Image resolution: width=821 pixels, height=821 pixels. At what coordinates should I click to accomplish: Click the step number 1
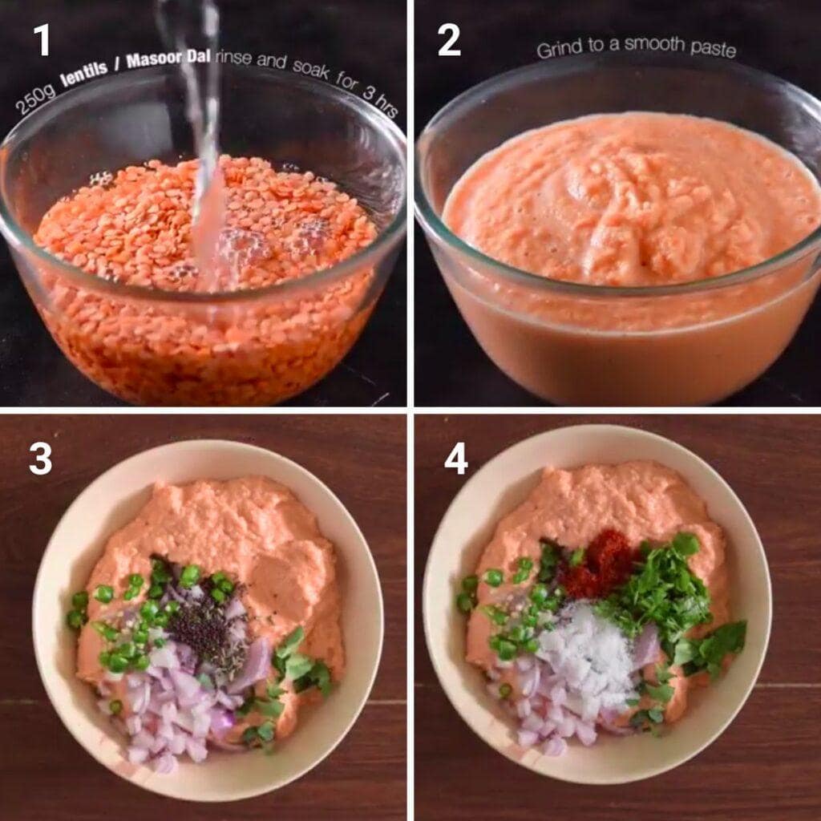tap(41, 40)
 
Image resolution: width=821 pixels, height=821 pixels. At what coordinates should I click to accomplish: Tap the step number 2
tap(449, 40)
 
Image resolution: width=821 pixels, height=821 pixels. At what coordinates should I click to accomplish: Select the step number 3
tap(40, 459)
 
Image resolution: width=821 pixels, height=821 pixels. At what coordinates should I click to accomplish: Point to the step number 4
tap(455, 459)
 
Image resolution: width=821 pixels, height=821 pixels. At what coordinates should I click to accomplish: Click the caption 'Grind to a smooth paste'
tap(636, 47)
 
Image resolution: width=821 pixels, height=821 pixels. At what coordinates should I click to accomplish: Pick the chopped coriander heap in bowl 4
tap(657, 593)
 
